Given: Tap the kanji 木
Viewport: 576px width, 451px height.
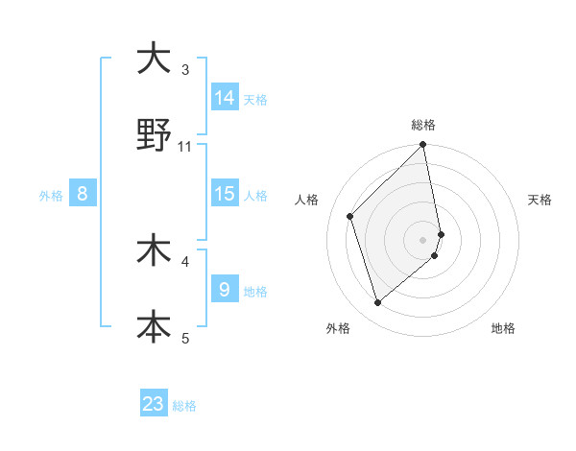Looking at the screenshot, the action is click(x=153, y=250).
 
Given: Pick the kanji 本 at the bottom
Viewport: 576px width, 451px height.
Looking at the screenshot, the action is click(x=153, y=326).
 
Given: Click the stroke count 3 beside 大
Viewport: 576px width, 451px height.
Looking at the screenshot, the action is click(x=185, y=69).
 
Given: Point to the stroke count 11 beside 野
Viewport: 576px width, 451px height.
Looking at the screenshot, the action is click(x=185, y=146).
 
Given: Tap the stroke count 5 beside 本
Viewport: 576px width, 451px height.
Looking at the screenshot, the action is click(x=185, y=338).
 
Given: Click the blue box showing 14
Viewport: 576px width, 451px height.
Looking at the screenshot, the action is click(x=225, y=98).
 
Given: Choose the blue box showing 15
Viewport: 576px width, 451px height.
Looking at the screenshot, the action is click(x=225, y=194).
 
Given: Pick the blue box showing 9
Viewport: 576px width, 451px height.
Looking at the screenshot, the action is click(x=225, y=290).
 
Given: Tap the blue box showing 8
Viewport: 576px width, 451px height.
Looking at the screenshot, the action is click(x=83, y=194).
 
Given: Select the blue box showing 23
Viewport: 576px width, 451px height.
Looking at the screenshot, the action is click(x=154, y=404).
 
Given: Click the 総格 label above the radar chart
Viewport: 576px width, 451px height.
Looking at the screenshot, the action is click(x=423, y=125).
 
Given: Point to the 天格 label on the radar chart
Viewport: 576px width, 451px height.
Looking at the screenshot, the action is click(x=540, y=200).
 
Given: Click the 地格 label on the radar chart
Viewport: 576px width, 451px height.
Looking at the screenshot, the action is click(x=503, y=328).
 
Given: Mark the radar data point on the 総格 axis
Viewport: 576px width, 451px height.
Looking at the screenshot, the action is click(x=423, y=146).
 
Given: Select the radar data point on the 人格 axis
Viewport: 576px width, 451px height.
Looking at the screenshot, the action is click(x=350, y=216).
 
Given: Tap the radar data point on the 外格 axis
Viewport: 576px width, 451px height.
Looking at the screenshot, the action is click(x=378, y=302).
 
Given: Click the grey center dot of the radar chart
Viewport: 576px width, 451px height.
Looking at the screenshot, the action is click(x=423, y=239).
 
